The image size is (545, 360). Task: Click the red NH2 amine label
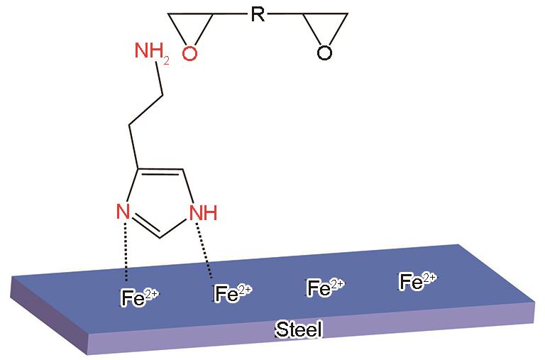tap(150, 51)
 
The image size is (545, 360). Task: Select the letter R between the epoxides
tap(259, 15)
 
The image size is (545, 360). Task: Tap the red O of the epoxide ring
tap(189, 53)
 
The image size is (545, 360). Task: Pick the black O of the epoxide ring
tap(324, 53)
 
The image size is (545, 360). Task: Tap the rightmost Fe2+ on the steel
tap(418, 281)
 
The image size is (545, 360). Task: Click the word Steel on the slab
tap(299, 329)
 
